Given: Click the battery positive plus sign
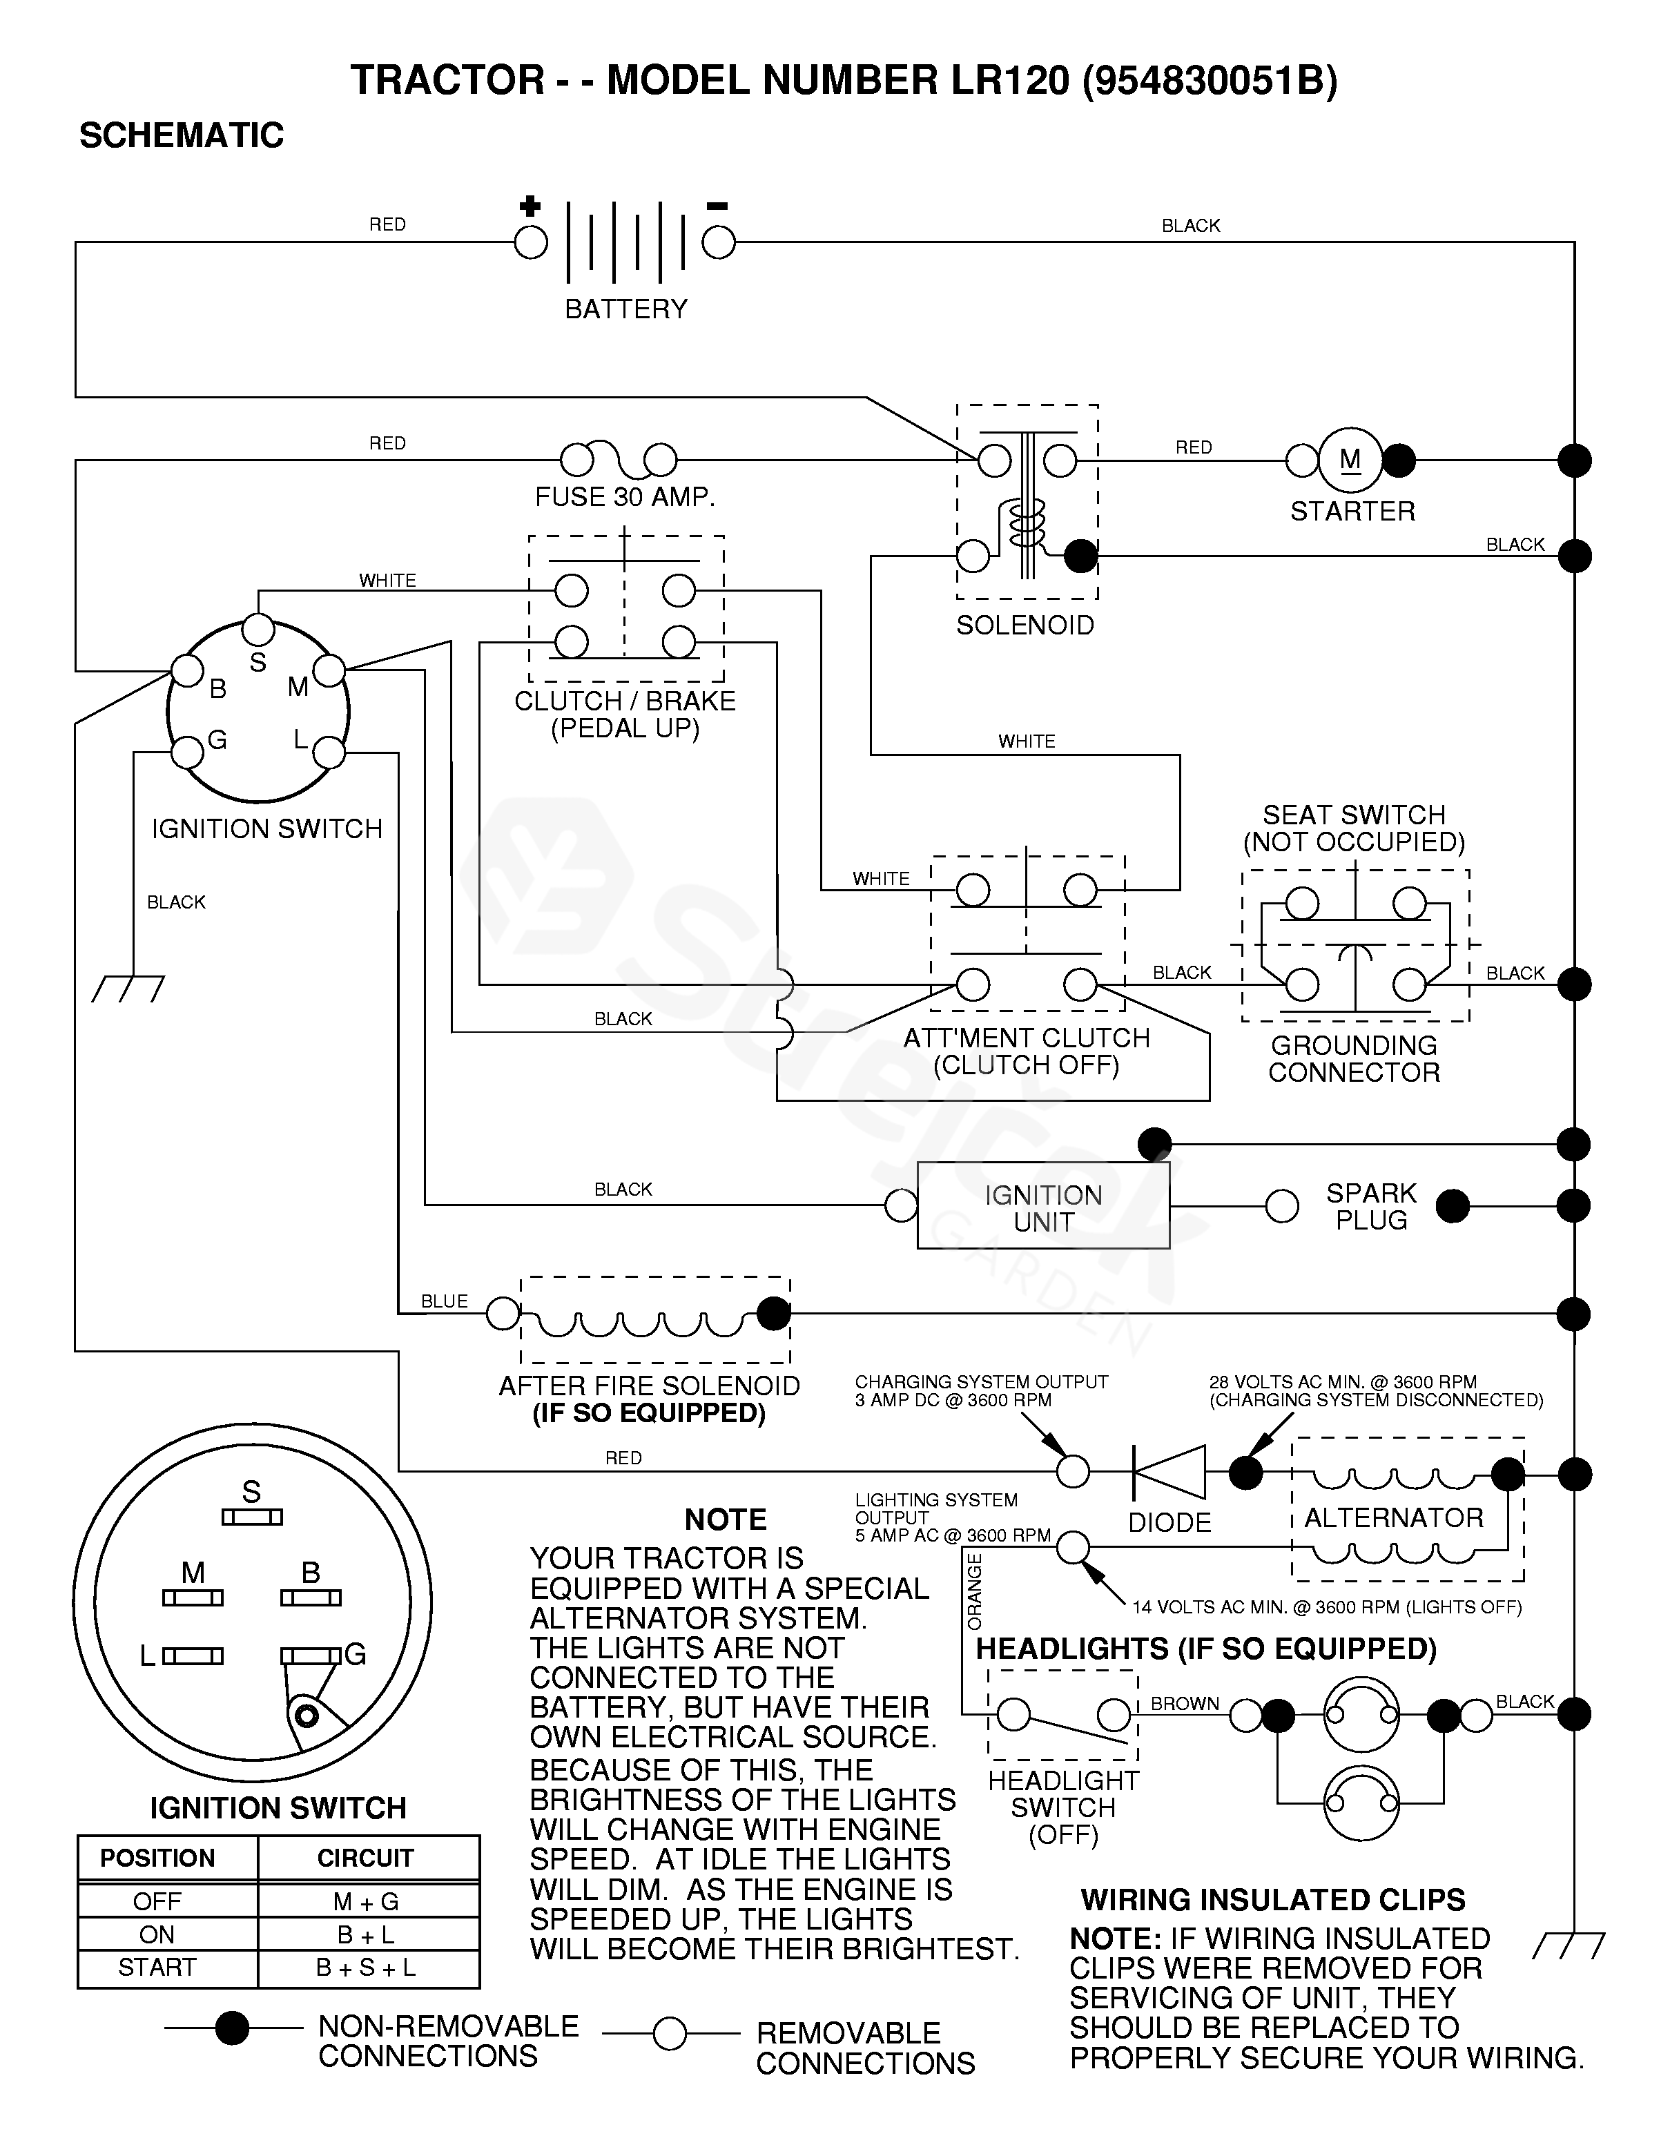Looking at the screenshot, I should point(530,206).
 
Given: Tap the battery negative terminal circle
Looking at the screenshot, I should point(719,242).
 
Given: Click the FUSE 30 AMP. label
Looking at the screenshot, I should point(625,496).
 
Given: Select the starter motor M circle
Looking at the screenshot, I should point(1350,460).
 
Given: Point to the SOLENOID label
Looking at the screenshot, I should point(1025,625).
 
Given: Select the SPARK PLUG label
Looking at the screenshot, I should point(1371,1206).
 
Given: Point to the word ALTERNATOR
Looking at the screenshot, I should point(1394,1517).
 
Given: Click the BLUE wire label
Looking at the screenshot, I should point(444,1301).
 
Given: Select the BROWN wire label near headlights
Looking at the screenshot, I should point(1185,1704).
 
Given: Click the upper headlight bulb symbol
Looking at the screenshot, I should point(1361,1716).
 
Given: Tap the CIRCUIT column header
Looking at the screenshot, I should point(365,1858).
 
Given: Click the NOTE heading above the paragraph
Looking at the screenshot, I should point(726,1519).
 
